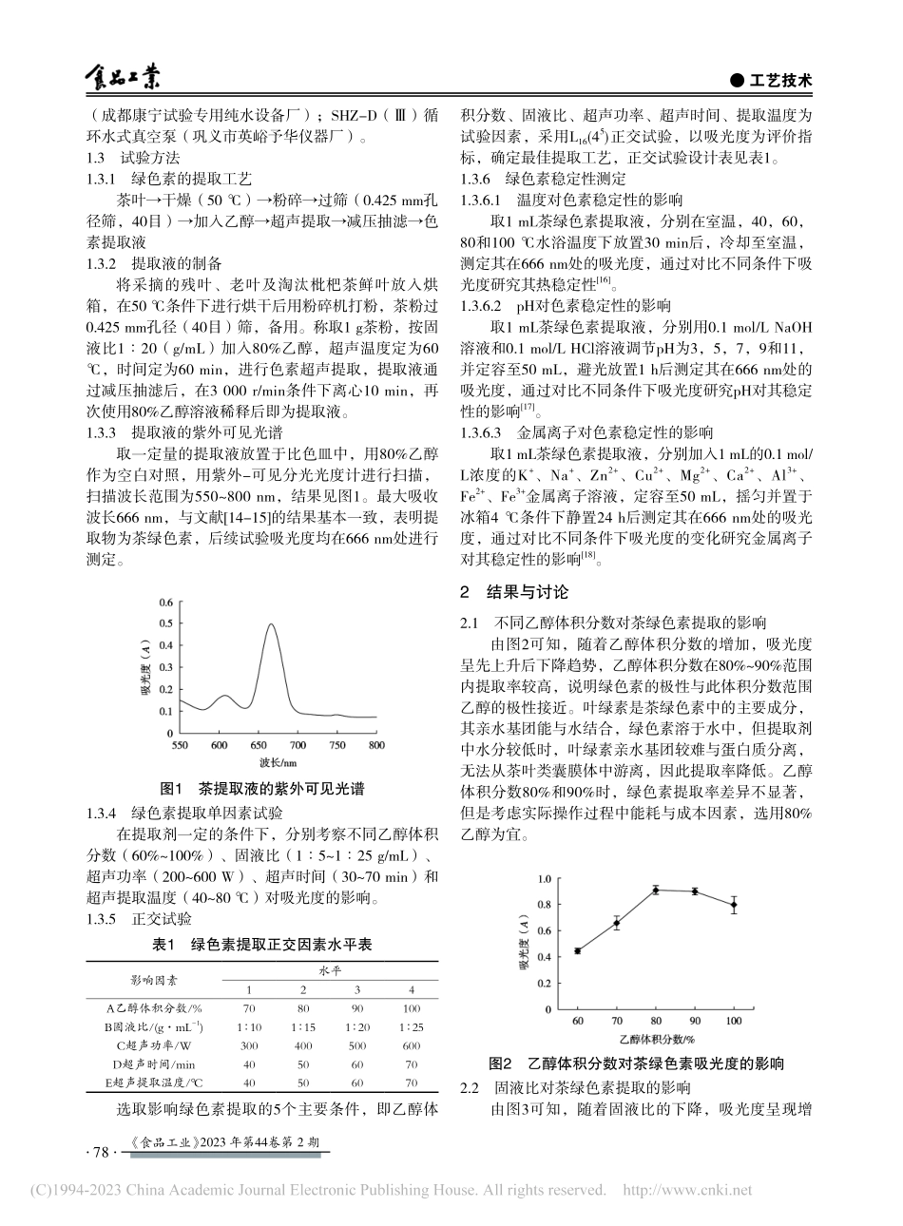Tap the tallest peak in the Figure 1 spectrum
272,625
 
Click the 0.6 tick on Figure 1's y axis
166,603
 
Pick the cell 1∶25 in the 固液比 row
411,1027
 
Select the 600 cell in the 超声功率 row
411,1045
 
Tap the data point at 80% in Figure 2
656,891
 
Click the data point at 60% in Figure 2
577,950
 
